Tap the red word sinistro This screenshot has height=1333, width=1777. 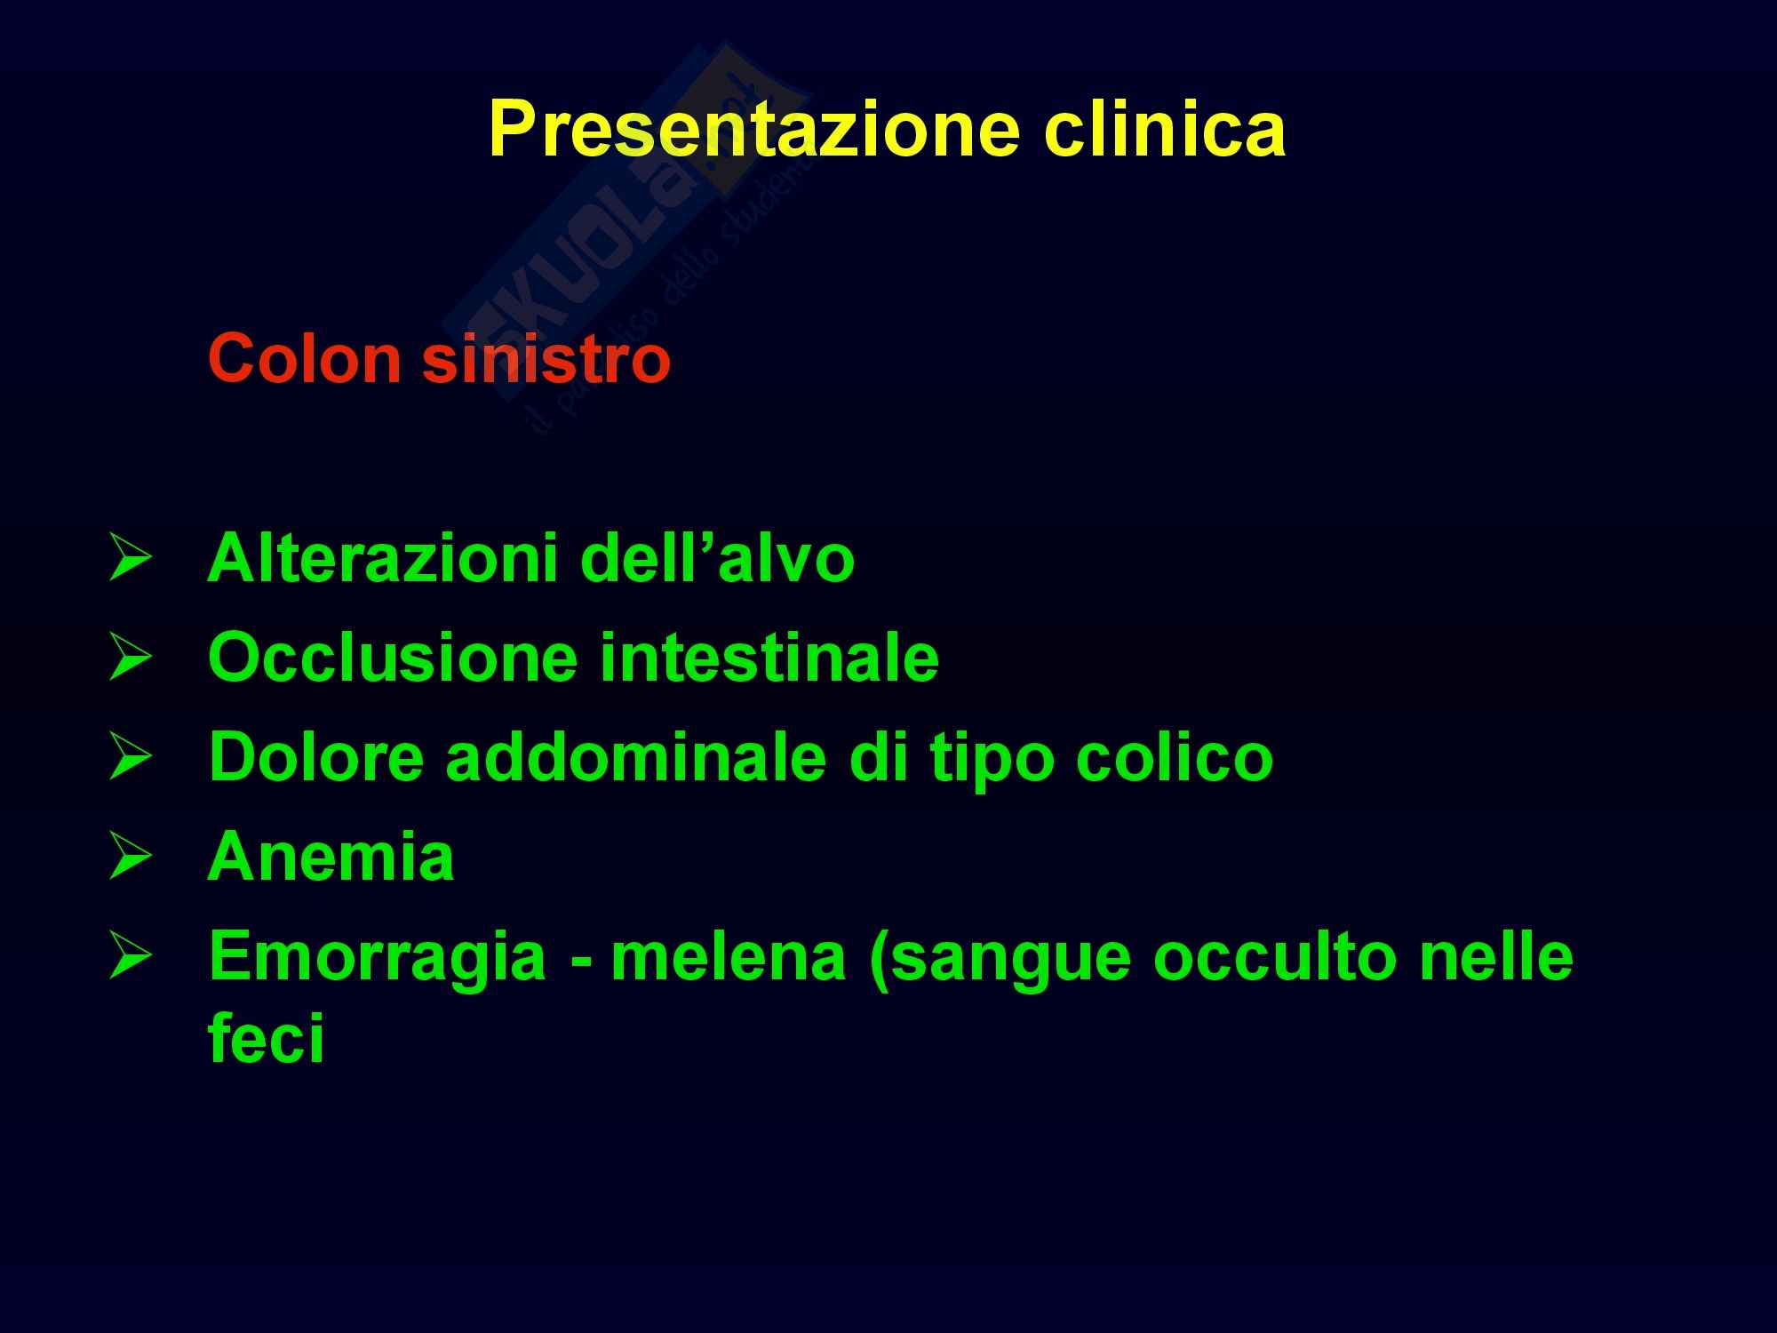pos(546,359)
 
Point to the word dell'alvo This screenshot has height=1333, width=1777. pos(717,558)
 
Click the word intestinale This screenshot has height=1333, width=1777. pos(769,658)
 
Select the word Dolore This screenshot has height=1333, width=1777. pos(316,757)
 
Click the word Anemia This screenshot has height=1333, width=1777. pos(331,857)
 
